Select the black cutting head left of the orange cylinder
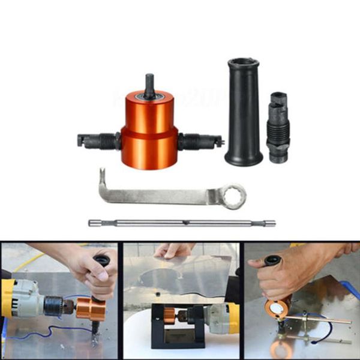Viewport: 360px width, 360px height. tap(98, 141)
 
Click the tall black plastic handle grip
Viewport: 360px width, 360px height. tap(244, 108)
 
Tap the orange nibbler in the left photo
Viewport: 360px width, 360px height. tap(89, 308)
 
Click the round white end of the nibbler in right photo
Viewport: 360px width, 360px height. tap(277, 308)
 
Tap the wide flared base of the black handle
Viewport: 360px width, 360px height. tap(244, 157)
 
